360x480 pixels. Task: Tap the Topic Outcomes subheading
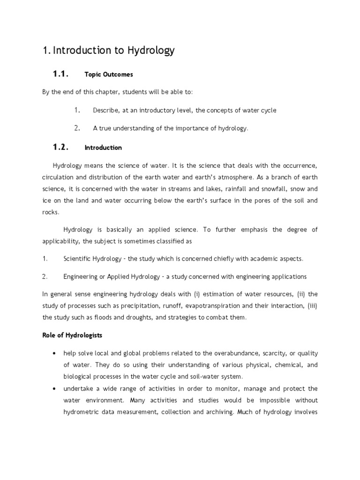[109, 75]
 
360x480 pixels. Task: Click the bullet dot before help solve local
[56, 353]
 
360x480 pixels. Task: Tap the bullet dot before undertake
[56, 389]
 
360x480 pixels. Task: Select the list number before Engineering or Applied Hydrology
[45, 276]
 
